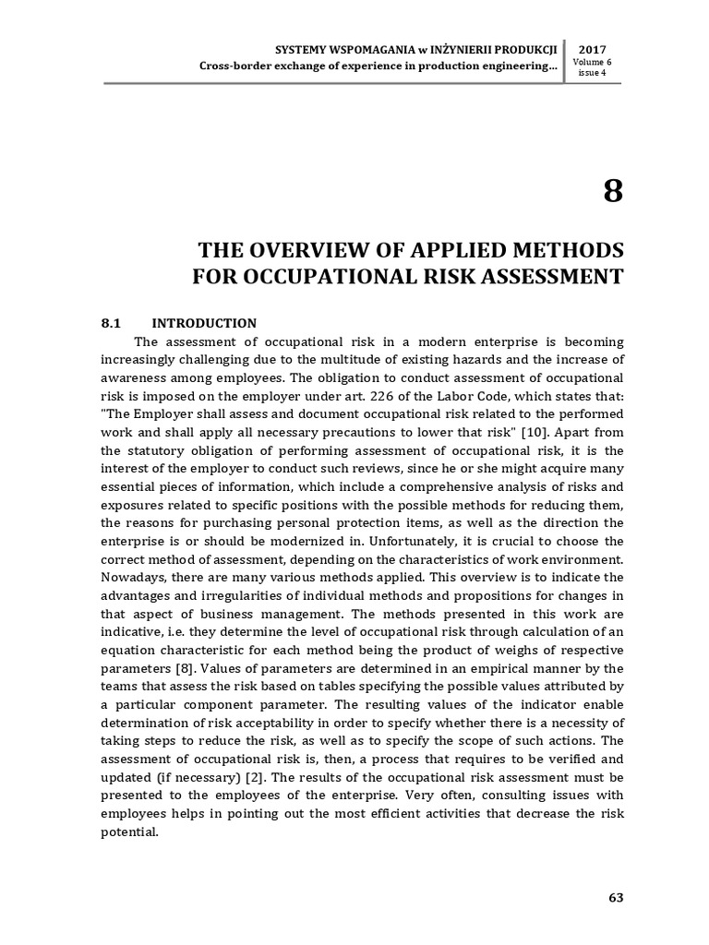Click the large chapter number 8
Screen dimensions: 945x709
pos(613,192)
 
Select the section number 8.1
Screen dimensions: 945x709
pos(111,324)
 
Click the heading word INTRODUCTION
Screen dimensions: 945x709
pos(204,324)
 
